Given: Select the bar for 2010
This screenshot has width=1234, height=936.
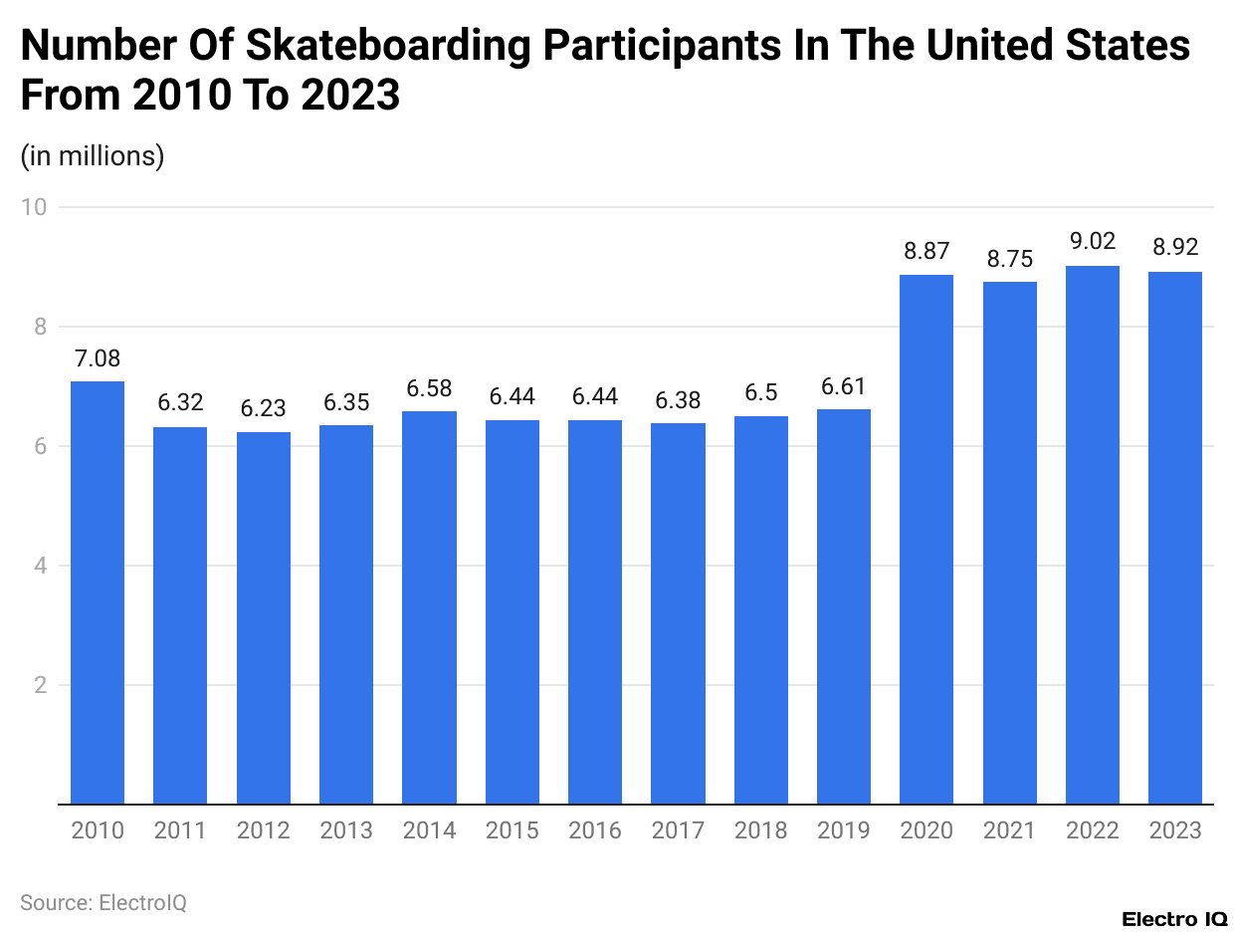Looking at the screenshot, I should pyautogui.click(x=98, y=592).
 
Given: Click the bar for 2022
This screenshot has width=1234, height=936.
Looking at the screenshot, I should pyautogui.click(x=1093, y=535).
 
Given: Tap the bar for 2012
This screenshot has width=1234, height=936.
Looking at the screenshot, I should pyautogui.click(x=264, y=617).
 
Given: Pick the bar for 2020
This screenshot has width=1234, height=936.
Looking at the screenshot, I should pyautogui.click(x=926, y=539).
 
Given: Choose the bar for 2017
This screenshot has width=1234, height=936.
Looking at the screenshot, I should pyautogui.click(x=678, y=613).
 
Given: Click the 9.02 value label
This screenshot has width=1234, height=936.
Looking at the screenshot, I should pyautogui.click(x=1093, y=241).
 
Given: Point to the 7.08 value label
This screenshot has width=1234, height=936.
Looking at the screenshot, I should pyautogui.click(x=98, y=357).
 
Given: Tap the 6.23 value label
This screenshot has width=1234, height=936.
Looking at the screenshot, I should pyautogui.click(x=264, y=408).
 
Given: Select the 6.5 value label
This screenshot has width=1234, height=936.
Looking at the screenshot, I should pyautogui.click(x=761, y=392).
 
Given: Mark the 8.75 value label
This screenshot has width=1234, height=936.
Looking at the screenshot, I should pyautogui.click(x=1010, y=258).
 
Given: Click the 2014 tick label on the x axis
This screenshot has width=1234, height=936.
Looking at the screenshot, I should pyautogui.click(x=429, y=830).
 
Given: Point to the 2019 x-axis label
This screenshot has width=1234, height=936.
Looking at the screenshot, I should pyautogui.click(x=844, y=830).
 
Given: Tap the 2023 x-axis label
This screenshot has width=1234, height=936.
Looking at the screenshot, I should pyautogui.click(x=1175, y=830).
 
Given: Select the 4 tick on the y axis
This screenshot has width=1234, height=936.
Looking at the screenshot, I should pyautogui.click(x=41, y=566).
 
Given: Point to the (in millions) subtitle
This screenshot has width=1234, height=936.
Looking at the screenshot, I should pyautogui.click(x=93, y=156).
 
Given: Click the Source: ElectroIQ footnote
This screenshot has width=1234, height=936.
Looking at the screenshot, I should pyautogui.click(x=103, y=903).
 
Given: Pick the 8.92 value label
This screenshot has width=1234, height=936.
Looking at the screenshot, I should pyautogui.click(x=1175, y=248).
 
